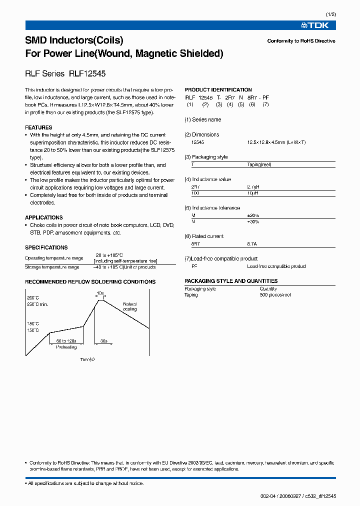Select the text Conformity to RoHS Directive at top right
pyautogui.click(x=301, y=41)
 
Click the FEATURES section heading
pyautogui.click(x=38, y=127)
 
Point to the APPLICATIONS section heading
pyautogui.click(x=44, y=217)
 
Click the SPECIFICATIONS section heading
pyautogui.click(x=46, y=247)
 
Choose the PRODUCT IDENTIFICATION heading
pyautogui.click(x=218, y=90)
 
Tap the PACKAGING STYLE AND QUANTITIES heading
pyautogui.click(x=231, y=281)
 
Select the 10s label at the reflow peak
pyautogui.click(x=100, y=293)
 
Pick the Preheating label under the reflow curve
pyautogui.click(x=66, y=346)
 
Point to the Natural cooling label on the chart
pyautogui.click(x=129, y=306)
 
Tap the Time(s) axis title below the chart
pyautogui.click(x=87, y=359)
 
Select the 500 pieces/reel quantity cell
pyautogui.click(x=275, y=295)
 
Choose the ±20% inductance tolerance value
pyautogui.click(x=253, y=215)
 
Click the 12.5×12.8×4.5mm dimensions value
pyautogui.click(x=276, y=142)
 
